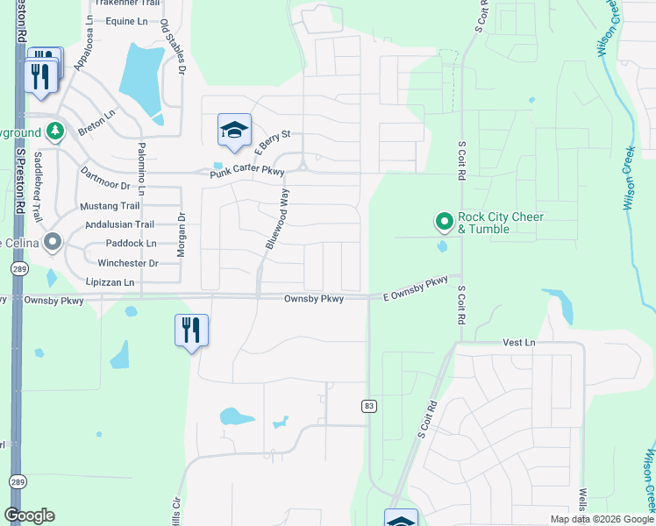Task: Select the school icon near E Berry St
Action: pos(234,131)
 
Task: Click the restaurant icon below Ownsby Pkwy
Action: pos(191,331)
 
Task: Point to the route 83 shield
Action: pos(370,406)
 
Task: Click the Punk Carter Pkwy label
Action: pos(247,173)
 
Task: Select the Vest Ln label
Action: pos(518,343)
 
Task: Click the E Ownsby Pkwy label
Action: pos(416,291)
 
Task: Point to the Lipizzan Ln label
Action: pos(111,282)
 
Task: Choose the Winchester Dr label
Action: pos(127,263)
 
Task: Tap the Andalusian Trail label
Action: pos(119,224)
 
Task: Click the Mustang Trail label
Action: pos(110,206)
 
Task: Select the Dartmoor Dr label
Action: pos(104,179)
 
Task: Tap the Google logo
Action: pos(29,515)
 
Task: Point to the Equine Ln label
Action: pos(125,21)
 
